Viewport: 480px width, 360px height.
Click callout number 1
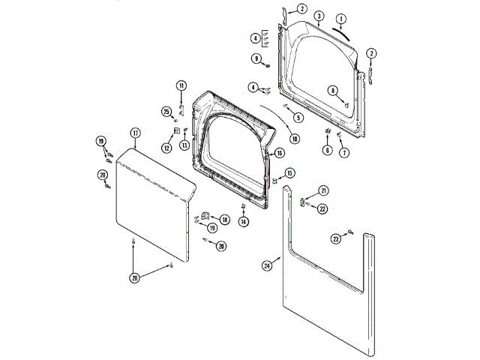341,18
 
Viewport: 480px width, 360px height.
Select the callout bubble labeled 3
319,16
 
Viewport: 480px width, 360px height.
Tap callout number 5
298,117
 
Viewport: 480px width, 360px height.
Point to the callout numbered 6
327,150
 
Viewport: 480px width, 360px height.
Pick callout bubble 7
344,153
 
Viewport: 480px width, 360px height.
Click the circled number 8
332,91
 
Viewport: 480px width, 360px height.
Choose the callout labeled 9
256,58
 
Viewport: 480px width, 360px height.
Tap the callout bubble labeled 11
181,85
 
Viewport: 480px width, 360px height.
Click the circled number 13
183,147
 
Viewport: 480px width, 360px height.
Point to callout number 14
244,221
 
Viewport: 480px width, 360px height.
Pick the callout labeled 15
289,173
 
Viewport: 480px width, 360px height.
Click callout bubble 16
278,153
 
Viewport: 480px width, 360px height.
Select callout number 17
135,133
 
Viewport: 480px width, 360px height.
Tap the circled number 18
224,220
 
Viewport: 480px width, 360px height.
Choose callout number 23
336,238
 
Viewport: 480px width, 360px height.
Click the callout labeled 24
267,265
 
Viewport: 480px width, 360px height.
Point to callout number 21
323,190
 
